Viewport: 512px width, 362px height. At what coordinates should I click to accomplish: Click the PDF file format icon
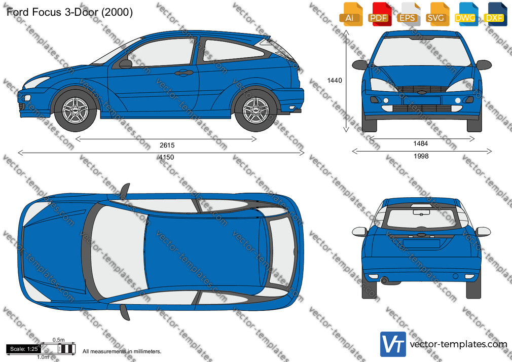pos(379,14)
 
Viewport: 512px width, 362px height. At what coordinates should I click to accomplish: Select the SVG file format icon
pos(436,14)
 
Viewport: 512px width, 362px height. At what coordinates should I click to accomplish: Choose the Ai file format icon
pos(350,14)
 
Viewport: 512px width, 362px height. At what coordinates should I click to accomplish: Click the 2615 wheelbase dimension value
pos(167,145)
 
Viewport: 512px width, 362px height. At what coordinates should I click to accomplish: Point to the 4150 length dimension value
pos(166,157)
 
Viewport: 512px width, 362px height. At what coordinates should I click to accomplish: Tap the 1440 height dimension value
pos(335,81)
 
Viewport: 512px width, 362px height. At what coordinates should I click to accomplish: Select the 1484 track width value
pos(421,143)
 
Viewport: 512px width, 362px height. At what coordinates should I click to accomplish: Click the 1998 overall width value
pos(421,156)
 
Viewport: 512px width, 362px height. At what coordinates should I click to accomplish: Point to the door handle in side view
pos(184,73)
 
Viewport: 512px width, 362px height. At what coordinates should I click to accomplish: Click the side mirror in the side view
pos(125,63)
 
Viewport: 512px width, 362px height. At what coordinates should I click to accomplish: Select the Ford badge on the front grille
pos(422,92)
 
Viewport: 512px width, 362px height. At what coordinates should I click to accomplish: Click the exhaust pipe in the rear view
pos(384,280)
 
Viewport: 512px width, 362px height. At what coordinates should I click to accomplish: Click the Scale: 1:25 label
pos(24,349)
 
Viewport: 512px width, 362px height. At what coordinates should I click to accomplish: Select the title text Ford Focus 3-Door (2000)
pos(69,12)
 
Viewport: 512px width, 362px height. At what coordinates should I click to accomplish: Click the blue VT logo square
pos(393,344)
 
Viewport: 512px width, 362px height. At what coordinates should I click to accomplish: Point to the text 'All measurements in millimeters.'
pos(122,351)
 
